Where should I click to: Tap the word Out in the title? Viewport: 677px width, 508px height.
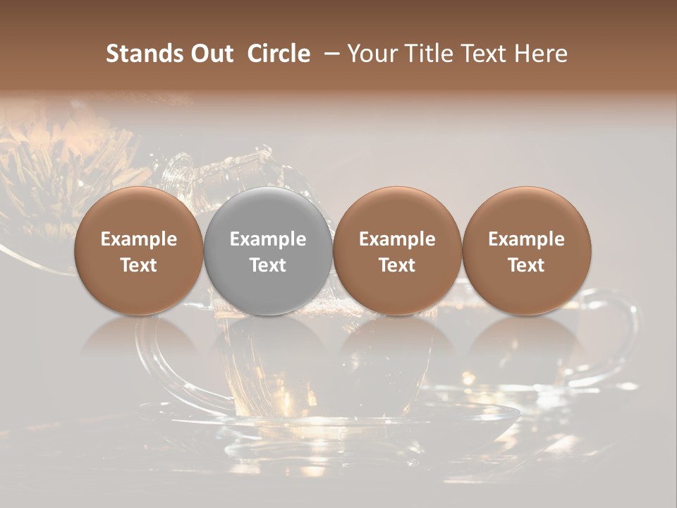212,54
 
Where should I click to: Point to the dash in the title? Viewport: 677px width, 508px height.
329,54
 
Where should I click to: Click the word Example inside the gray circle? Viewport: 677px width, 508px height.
268,239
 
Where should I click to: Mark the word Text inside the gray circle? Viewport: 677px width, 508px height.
268,265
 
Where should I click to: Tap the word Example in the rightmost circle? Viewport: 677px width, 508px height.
527,239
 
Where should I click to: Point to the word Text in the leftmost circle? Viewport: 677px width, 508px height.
139,265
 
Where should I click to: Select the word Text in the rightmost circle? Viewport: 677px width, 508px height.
527,265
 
